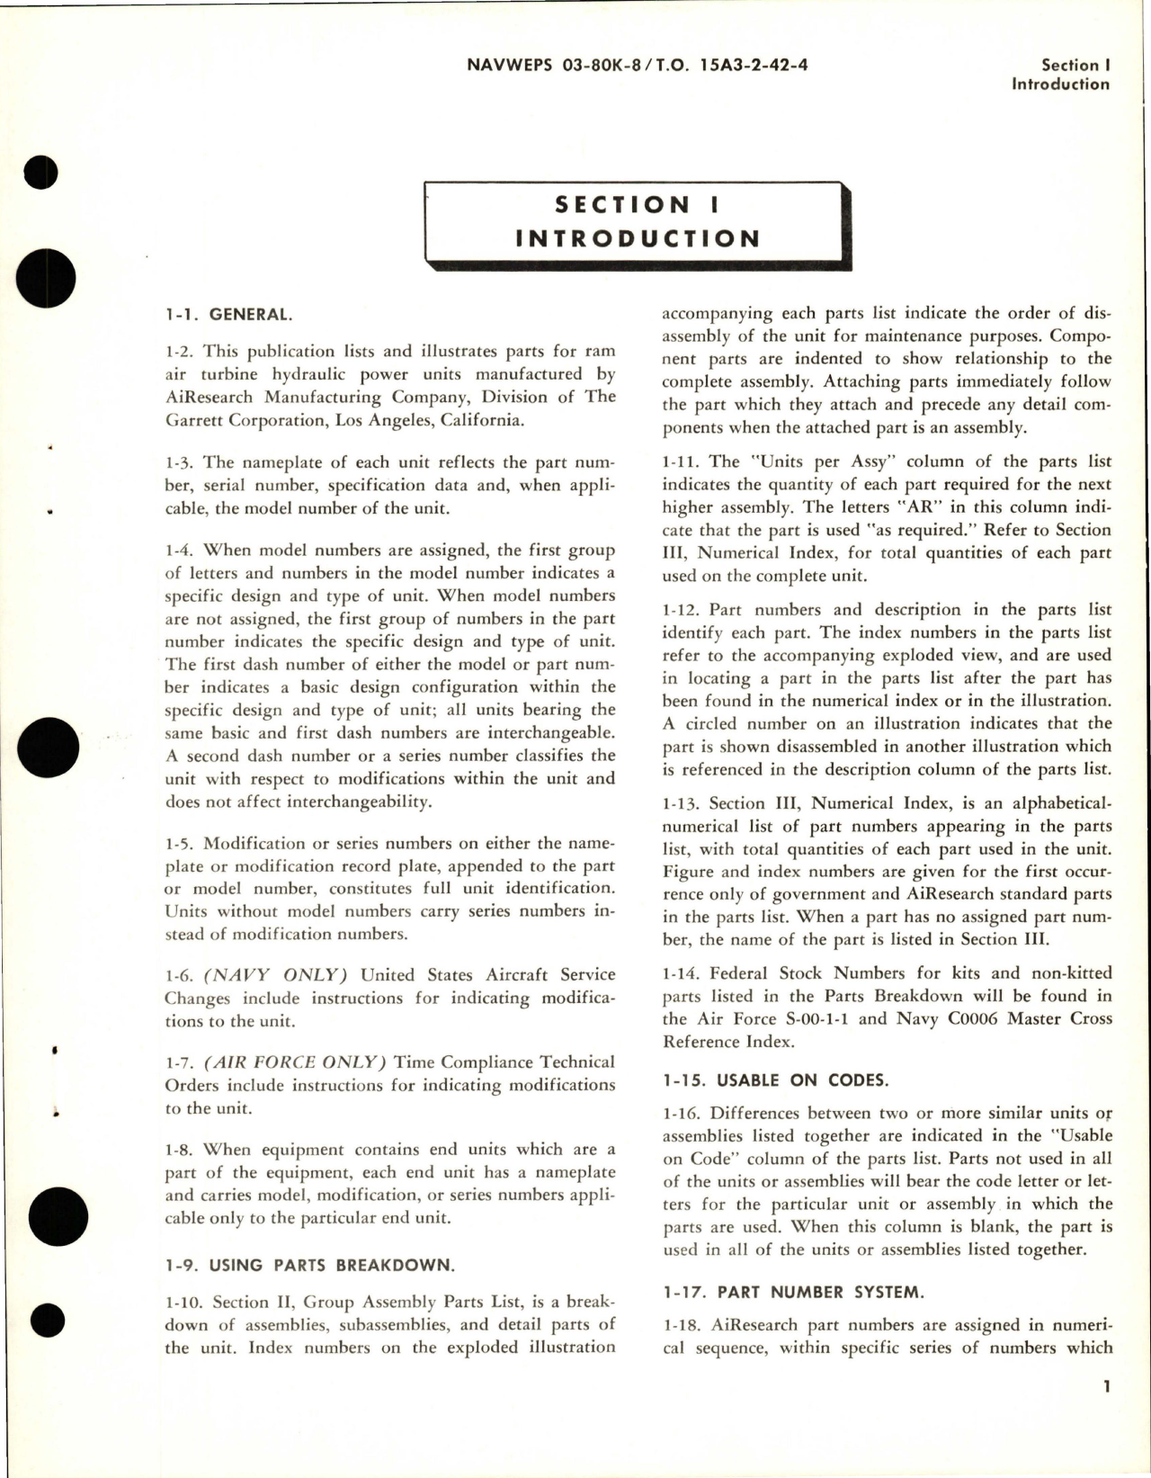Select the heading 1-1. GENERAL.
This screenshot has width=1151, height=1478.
point(228,314)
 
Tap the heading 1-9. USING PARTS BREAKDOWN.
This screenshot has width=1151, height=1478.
point(309,1265)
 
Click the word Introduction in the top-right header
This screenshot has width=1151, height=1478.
point(1060,85)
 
